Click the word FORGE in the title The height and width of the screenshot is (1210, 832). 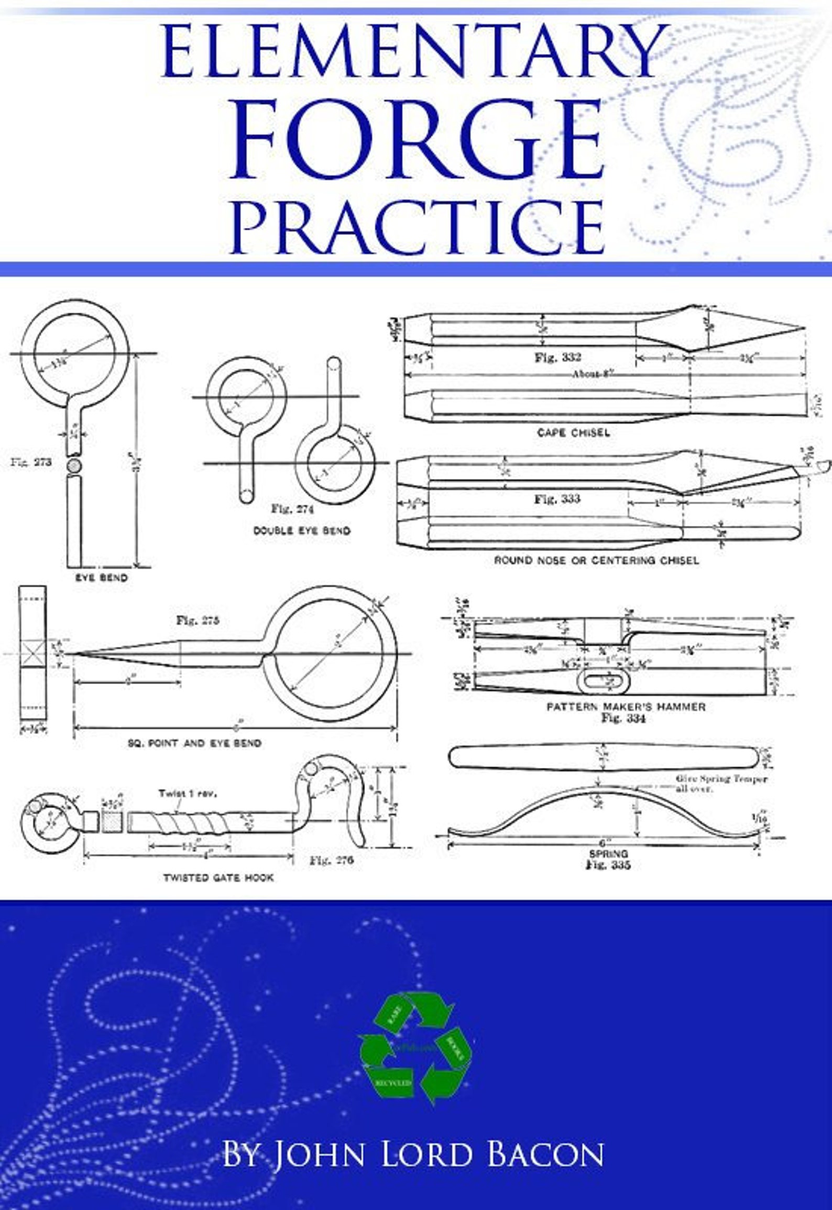[x=417, y=140]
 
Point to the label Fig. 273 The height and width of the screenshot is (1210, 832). [x=31, y=463]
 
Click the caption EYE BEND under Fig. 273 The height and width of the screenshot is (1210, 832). [x=101, y=578]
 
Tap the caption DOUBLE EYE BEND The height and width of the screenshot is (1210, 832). [x=302, y=530]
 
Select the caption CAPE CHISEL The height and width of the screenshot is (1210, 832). [x=573, y=433]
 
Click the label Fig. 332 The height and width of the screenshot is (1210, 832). [x=557, y=357]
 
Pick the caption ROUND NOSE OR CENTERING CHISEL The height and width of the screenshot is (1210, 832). [x=596, y=560]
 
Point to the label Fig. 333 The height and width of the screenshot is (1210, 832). [x=557, y=498]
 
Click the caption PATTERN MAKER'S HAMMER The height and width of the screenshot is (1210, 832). [x=626, y=706]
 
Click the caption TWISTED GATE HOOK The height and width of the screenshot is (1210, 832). [x=218, y=877]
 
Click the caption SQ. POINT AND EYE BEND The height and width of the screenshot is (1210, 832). [x=194, y=743]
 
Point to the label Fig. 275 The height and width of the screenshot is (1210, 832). [x=198, y=621]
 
